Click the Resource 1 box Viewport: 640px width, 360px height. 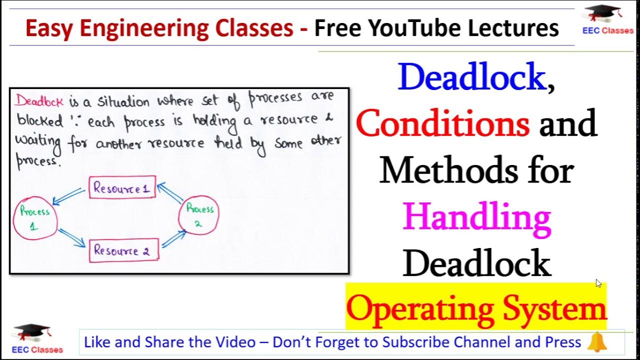[x=122, y=188]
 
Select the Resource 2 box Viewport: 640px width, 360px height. [x=123, y=250]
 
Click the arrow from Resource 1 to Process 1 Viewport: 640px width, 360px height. [x=69, y=196]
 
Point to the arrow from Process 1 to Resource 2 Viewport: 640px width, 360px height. [x=71, y=238]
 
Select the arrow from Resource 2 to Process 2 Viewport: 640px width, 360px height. [x=173, y=238]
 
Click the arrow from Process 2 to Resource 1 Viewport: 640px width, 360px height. [x=170, y=193]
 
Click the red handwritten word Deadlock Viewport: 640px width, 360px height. [x=39, y=101]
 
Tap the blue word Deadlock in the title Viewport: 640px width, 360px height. [x=471, y=77]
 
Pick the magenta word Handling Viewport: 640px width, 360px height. [x=477, y=217]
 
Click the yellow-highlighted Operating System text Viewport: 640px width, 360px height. [x=475, y=308]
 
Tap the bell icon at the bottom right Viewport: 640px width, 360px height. [x=596, y=342]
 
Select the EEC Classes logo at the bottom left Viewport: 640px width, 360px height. [x=38, y=339]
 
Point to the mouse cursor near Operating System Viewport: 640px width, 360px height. [x=598, y=283]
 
